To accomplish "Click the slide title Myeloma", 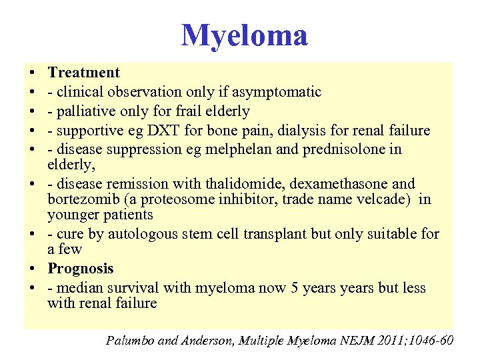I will (x=245, y=35).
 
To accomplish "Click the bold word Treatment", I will (x=84, y=73).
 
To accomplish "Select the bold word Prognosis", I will (x=81, y=269).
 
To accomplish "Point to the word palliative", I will (x=87, y=111).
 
